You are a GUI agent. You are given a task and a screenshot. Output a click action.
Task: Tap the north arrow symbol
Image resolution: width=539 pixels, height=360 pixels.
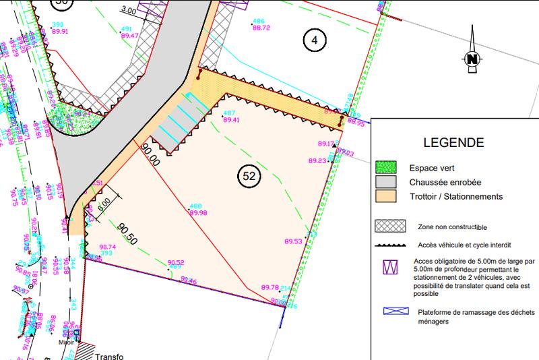tap(472, 59)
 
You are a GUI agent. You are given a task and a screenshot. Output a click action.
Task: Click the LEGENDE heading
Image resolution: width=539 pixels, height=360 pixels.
tap(453, 143)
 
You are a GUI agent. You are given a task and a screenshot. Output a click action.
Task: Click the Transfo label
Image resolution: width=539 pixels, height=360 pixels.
tap(110, 356)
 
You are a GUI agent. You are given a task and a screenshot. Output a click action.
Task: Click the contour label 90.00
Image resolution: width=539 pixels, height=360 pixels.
tap(150, 154)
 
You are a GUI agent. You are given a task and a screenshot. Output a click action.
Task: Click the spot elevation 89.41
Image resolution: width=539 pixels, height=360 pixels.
tap(231, 120)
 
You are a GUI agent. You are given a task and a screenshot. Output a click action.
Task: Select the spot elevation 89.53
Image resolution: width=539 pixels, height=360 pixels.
tap(294, 241)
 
